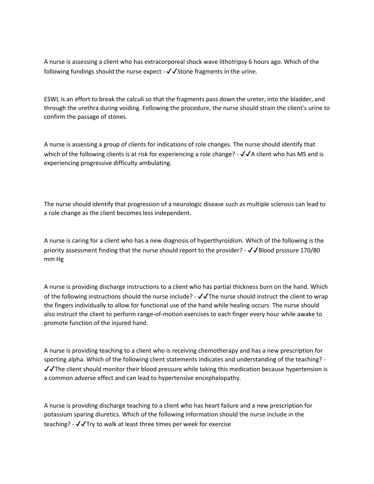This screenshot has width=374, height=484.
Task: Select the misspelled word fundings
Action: (x=82, y=71)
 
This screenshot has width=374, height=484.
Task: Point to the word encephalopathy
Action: (x=218, y=378)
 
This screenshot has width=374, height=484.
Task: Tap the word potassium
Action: (x=58, y=414)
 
